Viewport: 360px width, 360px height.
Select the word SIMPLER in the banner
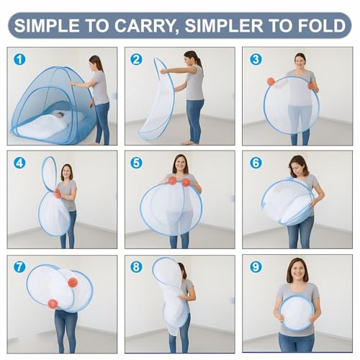pyautogui.click(x=224, y=25)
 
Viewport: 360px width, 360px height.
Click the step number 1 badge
pyautogui.click(x=19, y=59)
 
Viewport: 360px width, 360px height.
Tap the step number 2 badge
pyautogui.click(x=136, y=59)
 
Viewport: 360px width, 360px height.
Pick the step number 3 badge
pyautogui.click(x=256, y=59)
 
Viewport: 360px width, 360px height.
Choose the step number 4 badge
pyautogui.click(x=19, y=163)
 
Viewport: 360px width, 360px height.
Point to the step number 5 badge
pyautogui.click(x=136, y=163)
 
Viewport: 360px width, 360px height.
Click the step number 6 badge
pyautogui.click(x=256, y=163)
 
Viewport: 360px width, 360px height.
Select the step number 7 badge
pyautogui.click(x=19, y=266)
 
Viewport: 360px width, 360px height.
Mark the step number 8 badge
pyautogui.click(x=136, y=266)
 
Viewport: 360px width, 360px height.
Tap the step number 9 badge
pyautogui.click(x=256, y=266)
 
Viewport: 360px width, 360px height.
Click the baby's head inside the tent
pyautogui.click(x=60, y=114)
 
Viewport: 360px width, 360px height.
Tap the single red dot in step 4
pyautogui.click(x=58, y=194)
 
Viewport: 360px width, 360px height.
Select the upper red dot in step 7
pyautogui.click(x=73, y=282)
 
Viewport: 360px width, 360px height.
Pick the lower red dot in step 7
pyautogui.click(x=53, y=304)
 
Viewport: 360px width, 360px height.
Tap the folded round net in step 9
pyautogui.click(x=297, y=312)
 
